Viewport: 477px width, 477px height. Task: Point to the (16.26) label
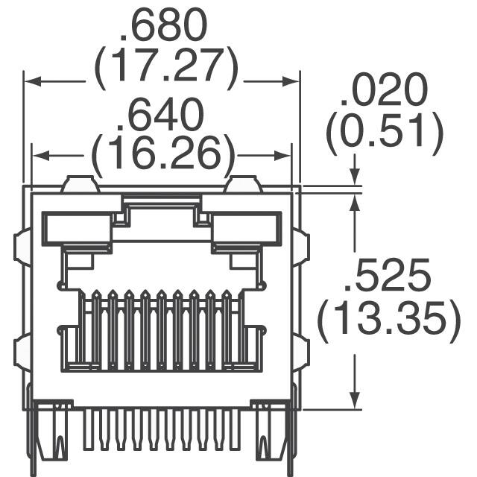click(163, 154)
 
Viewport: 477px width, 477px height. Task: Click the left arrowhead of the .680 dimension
click(30, 83)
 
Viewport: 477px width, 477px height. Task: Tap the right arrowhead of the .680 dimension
click(294, 83)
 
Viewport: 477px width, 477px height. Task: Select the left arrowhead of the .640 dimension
click(37, 156)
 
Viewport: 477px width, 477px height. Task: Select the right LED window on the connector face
click(246, 228)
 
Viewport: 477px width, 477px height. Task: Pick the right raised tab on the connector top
click(243, 184)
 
